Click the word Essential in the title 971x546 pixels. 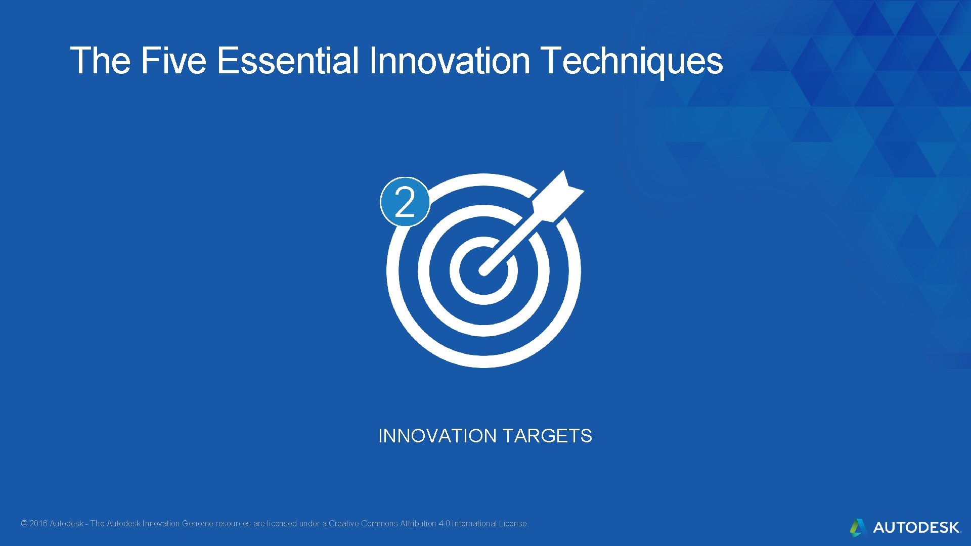pos(288,61)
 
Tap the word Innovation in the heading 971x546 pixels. pos(450,61)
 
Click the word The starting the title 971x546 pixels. pos(100,61)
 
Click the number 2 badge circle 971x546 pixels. pos(405,202)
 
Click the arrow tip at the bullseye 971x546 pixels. pos(483,271)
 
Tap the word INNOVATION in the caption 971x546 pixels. pos(437,436)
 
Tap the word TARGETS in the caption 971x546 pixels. pos(547,436)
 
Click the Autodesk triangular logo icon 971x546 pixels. pos(858,527)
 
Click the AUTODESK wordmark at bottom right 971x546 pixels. pos(916,528)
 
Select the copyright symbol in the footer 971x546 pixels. pos(24,524)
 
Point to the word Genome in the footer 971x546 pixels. pos(197,524)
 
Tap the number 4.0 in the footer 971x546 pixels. pos(444,524)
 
